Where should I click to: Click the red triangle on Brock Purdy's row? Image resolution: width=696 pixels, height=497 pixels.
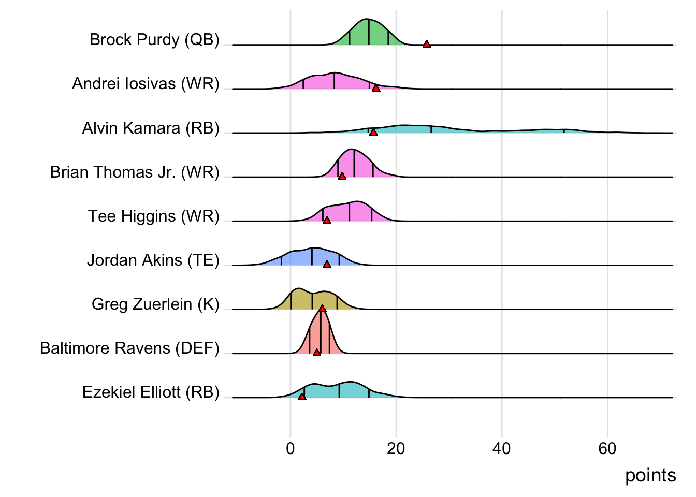point(426,44)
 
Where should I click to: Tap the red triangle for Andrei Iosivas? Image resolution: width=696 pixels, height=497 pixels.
point(376,88)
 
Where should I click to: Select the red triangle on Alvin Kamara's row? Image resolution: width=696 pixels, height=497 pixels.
point(373,133)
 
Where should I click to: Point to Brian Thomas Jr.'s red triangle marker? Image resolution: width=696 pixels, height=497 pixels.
point(342,177)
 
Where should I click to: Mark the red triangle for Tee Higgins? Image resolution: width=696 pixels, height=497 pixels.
point(327,221)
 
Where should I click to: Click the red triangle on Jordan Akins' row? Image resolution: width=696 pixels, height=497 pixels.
point(327,265)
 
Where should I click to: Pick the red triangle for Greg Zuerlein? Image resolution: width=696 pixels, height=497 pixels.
point(322,309)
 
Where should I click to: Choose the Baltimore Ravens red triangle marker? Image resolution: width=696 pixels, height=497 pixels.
point(317,353)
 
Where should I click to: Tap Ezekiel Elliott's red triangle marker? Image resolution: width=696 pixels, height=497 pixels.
point(302,397)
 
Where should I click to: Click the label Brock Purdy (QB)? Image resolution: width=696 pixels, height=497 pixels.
point(154,39)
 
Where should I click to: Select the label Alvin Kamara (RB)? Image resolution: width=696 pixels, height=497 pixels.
point(151,128)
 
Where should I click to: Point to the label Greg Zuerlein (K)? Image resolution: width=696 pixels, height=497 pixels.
point(155,304)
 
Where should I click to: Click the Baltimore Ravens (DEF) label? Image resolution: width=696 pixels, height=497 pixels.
point(129,348)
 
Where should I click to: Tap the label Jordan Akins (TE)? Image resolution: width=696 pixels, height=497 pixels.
point(153,260)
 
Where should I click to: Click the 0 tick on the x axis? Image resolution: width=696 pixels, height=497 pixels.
point(291,448)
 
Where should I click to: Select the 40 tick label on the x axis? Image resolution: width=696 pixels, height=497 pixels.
point(502,448)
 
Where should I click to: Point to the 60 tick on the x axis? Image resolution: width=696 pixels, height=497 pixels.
point(607,448)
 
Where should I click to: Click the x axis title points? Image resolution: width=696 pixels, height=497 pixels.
point(650,475)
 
